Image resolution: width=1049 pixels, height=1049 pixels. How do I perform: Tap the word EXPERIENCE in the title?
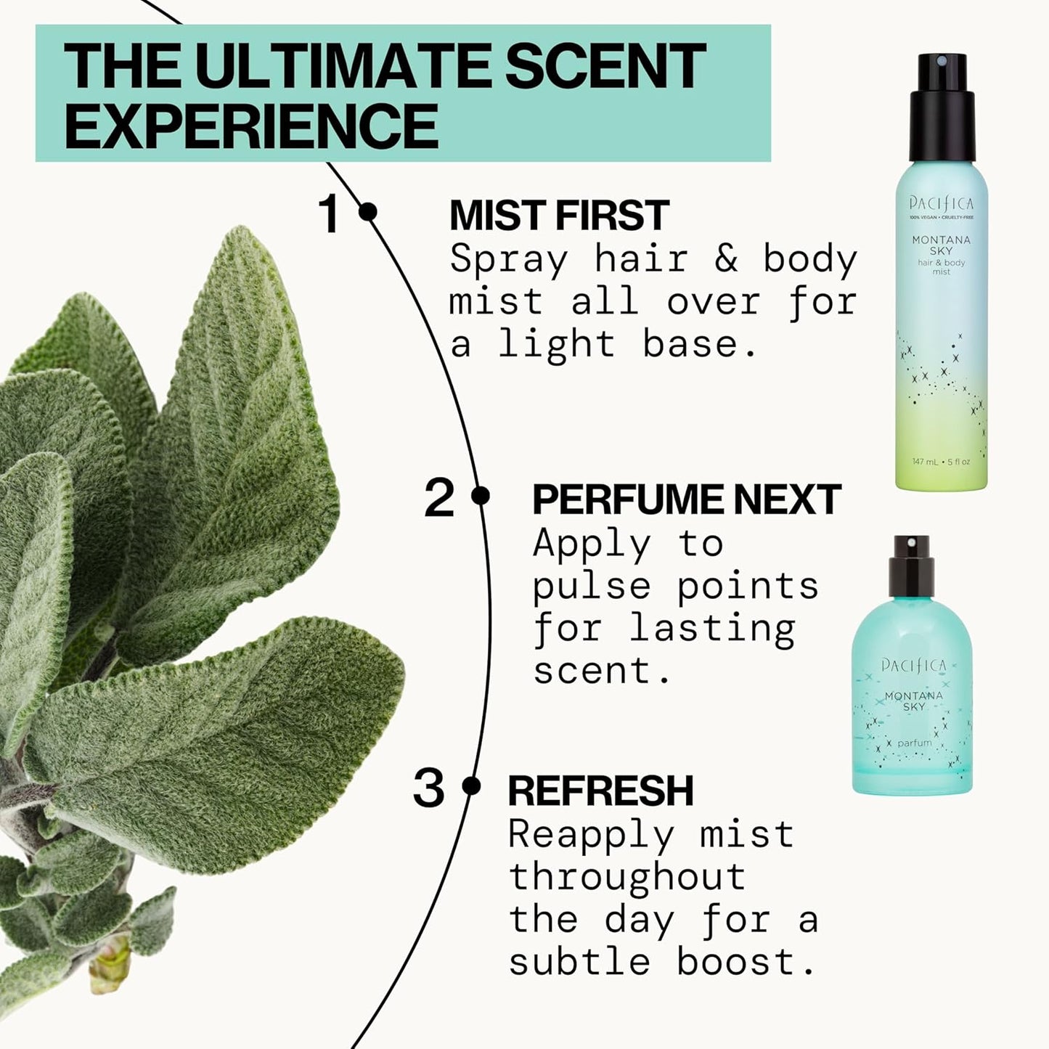[251, 126]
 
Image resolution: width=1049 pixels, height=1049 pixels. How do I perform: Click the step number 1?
[330, 214]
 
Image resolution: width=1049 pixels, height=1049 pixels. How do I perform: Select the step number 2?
[438, 498]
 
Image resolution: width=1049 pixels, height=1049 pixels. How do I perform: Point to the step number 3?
[428, 789]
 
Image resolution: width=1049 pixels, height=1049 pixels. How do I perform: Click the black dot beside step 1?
[368, 212]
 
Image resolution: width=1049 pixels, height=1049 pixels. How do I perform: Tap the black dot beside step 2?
[480, 496]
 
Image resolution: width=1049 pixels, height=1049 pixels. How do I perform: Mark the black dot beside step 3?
[471, 785]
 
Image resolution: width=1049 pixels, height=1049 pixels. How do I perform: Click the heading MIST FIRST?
[559, 215]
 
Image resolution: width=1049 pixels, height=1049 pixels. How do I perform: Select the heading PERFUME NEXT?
[686, 499]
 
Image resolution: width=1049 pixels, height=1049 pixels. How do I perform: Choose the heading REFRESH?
[600, 791]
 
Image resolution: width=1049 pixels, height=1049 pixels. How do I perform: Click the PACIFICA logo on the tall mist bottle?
[941, 204]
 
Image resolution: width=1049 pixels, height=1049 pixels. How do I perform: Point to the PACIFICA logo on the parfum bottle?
[914, 666]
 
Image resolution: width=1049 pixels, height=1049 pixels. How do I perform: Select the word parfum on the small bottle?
[914, 743]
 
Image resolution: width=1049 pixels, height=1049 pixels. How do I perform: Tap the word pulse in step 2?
[592, 587]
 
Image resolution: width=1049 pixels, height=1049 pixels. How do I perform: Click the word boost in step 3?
[746, 963]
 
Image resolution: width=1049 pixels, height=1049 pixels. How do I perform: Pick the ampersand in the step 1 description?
[725, 260]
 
